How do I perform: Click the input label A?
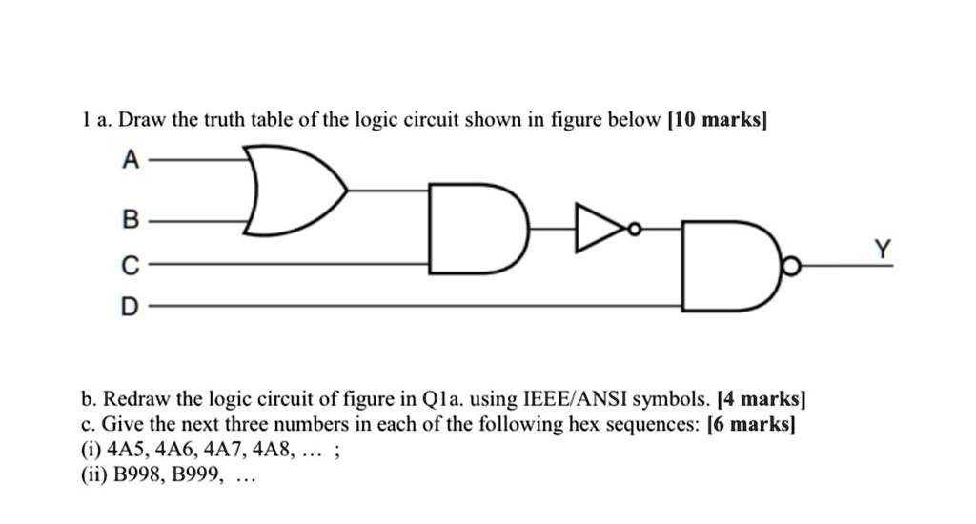(x=131, y=161)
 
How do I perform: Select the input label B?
(x=131, y=221)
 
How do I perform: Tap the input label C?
(x=131, y=264)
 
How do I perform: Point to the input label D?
(x=131, y=307)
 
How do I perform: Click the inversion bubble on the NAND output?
(x=788, y=270)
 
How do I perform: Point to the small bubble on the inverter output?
(x=633, y=229)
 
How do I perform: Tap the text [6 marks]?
(x=751, y=424)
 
